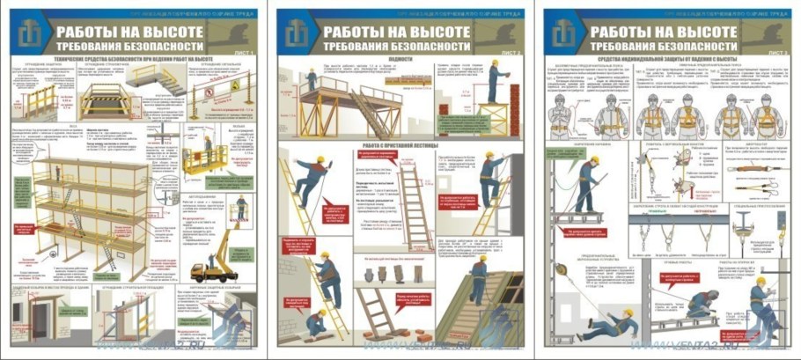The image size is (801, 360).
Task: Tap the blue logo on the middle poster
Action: (x=297, y=34)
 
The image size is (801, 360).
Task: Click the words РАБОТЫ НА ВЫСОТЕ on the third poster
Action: (x=664, y=30)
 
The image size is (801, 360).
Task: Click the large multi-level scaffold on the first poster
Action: (x=88, y=202)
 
